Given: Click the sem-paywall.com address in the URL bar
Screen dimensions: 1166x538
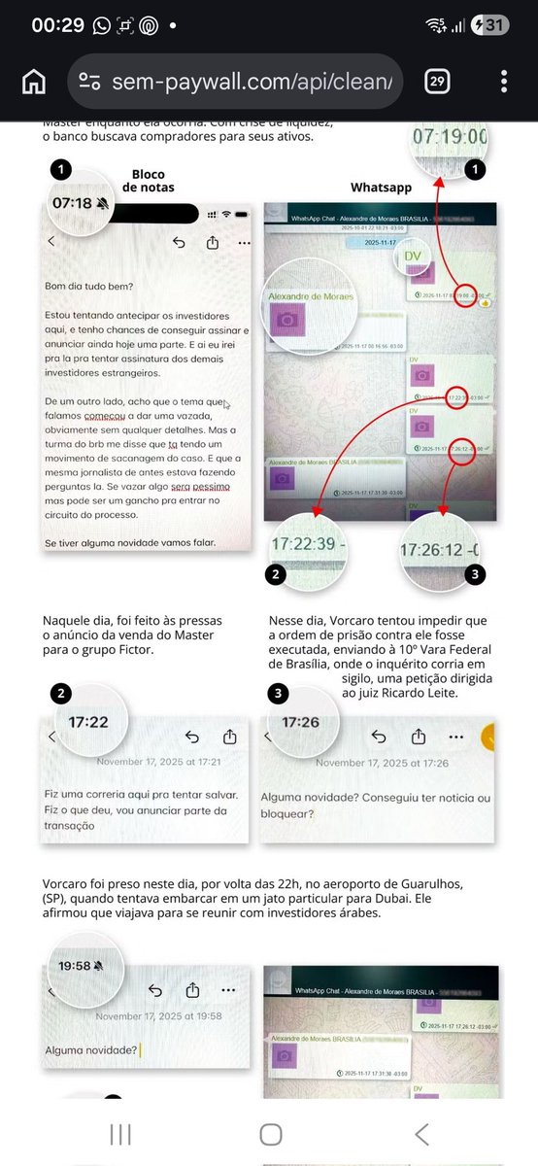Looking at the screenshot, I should click(x=251, y=82).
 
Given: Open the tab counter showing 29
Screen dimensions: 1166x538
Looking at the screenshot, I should click(x=436, y=82).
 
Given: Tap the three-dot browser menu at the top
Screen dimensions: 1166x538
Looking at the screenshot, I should click(x=504, y=82).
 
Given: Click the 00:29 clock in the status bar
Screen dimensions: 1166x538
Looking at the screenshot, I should click(x=57, y=26).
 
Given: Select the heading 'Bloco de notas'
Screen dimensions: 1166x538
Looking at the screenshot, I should click(x=148, y=182).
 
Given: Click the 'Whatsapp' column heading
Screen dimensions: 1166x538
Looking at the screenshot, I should click(x=380, y=187).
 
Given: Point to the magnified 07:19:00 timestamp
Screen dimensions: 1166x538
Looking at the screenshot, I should click(x=450, y=137).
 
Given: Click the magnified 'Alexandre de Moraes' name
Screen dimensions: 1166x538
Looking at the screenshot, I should click(x=312, y=296).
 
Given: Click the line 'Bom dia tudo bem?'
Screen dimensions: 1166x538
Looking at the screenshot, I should click(x=89, y=286).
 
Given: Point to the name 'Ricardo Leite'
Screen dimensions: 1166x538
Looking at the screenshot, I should click(x=434, y=693).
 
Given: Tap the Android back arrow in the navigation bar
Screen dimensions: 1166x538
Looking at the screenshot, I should click(x=421, y=1134).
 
